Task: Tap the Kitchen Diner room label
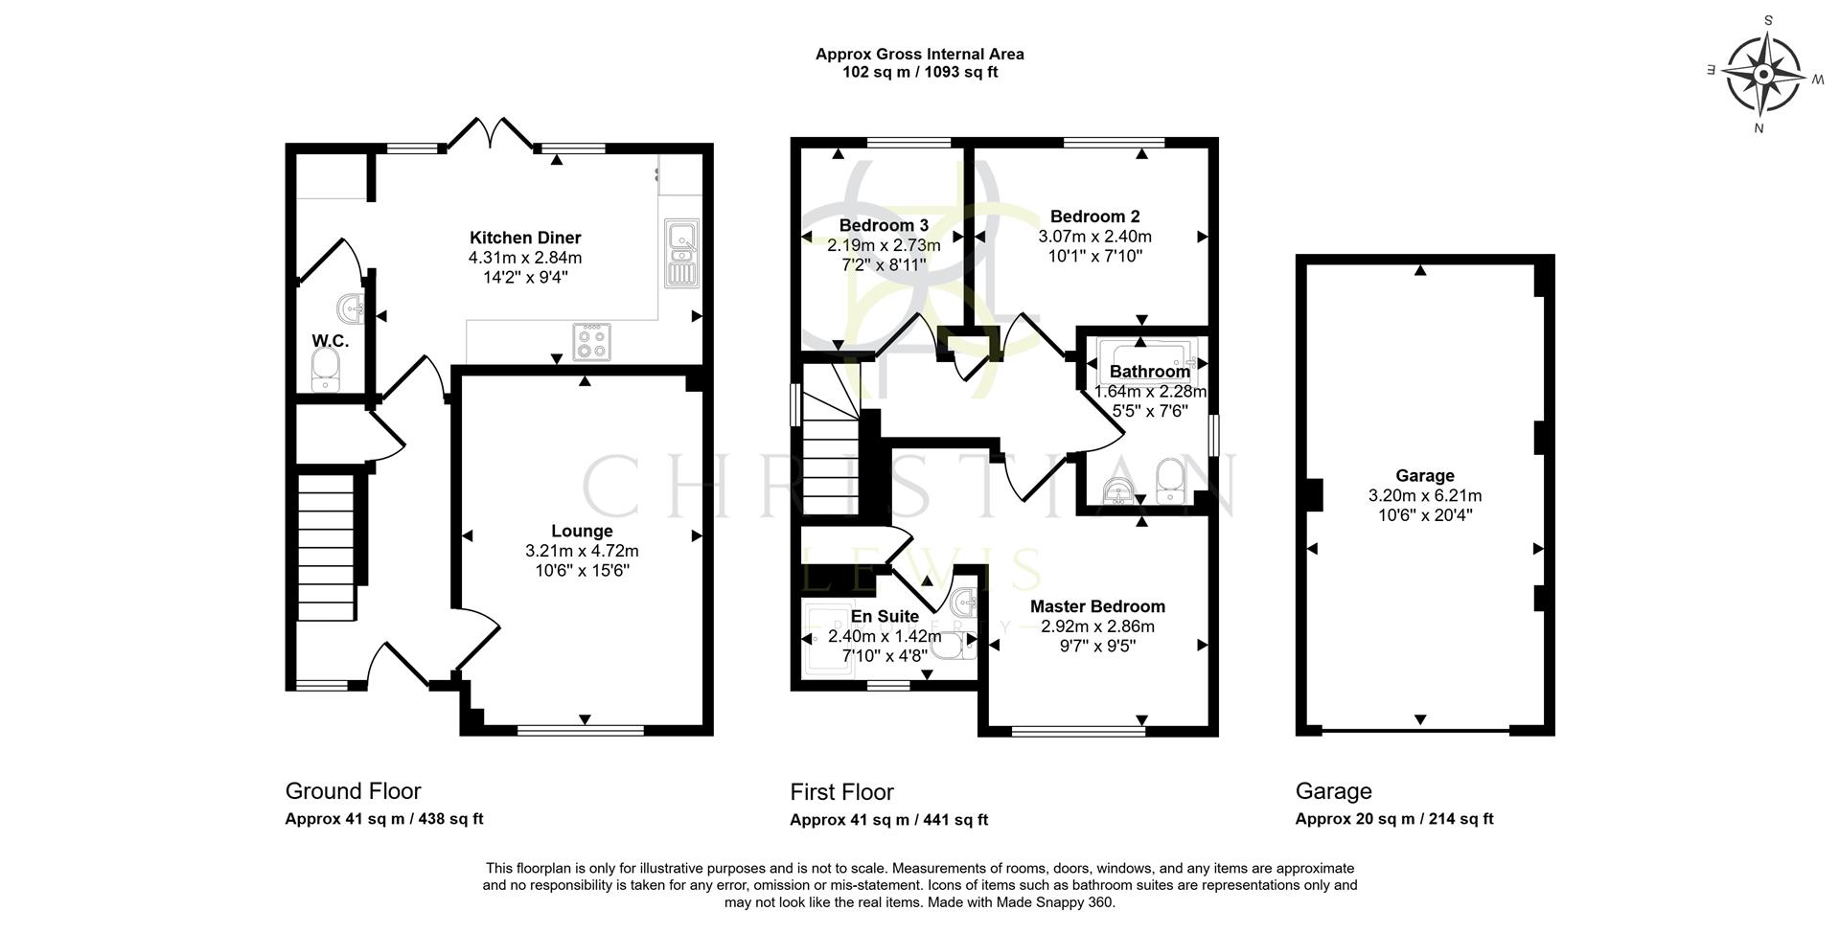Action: click(x=524, y=238)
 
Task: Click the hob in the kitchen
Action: click(x=591, y=342)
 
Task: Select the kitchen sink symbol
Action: click(x=682, y=252)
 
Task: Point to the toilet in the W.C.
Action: click(x=326, y=370)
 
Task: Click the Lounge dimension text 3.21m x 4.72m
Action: click(x=582, y=551)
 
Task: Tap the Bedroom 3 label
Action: click(x=884, y=225)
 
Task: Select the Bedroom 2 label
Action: click(x=1094, y=216)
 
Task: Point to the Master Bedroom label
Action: click(x=1097, y=606)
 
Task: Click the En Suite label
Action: click(x=885, y=616)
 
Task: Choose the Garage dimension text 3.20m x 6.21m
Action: click(x=1425, y=495)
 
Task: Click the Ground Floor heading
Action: click(x=353, y=791)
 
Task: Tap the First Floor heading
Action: click(x=841, y=792)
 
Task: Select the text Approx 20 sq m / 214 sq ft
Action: click(x=1393, y=819)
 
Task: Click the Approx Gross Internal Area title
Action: click(x=919, y=55)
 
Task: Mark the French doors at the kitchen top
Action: click(x=491, y=133)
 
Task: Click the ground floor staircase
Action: click(x=326, y=546)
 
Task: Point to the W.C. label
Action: click(x=330, y=341)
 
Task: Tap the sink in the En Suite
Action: click(x=964, y=603)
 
